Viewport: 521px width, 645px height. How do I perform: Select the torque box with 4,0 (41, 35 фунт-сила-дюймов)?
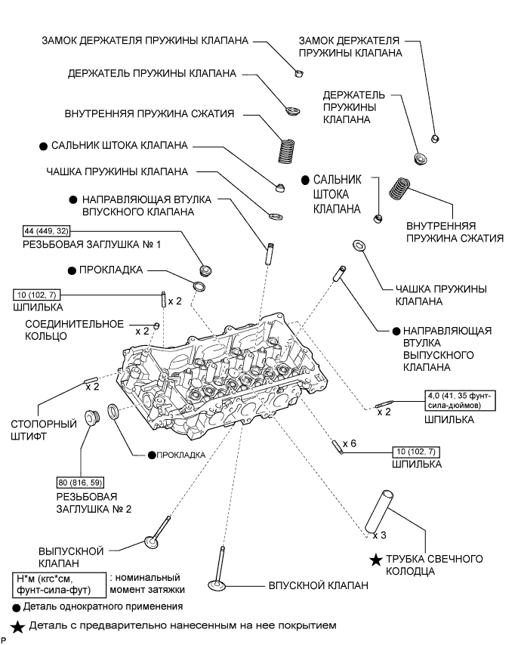pos(460,400)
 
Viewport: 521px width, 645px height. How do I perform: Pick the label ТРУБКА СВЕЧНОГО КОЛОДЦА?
pos(434,565)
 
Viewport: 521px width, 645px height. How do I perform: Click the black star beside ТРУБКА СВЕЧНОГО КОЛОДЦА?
pos(376,560)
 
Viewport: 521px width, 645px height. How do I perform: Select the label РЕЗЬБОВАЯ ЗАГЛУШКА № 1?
pos(91,245)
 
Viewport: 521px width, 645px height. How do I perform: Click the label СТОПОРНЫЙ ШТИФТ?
pos(44,430)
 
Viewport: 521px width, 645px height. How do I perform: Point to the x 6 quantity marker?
pos(350,443)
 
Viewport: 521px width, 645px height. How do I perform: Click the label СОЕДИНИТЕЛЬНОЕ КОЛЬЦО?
pos(75,330)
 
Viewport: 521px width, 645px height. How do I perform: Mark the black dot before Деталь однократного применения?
pos(17,607)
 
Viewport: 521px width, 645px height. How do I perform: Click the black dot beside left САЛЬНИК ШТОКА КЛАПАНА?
pos(43,147)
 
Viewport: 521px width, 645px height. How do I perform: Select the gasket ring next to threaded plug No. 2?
pos(113,412)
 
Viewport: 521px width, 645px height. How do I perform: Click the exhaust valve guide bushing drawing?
pos(340,273)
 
